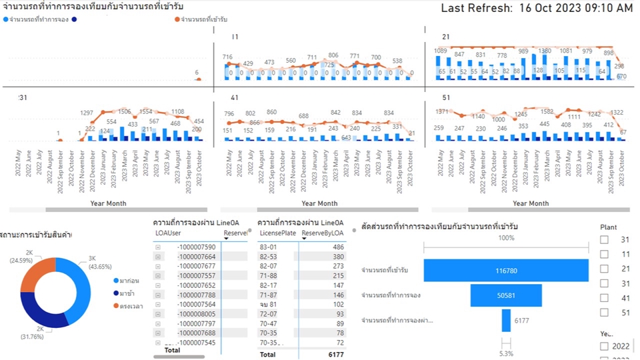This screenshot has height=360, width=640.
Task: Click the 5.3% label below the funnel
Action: tap(506, 353)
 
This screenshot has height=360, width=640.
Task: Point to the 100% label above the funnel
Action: tap(506, 238)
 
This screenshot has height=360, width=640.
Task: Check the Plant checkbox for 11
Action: tap(604, 254)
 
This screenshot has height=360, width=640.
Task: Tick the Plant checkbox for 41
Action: tap(604, 297)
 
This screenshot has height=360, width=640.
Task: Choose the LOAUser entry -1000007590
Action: tap(196, 247)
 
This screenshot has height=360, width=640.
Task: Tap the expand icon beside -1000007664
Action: tap(158, 257)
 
